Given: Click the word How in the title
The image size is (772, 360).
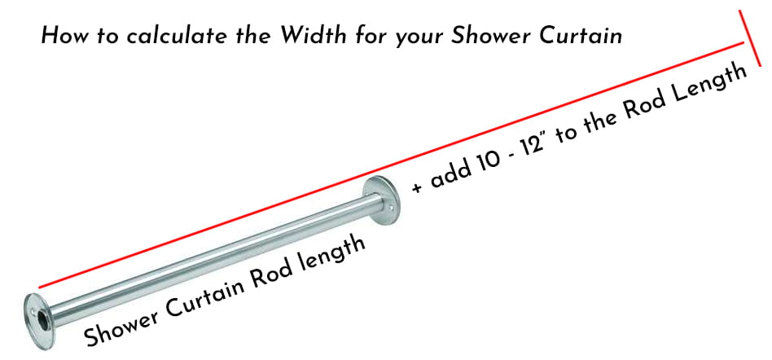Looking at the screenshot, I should [60, 37].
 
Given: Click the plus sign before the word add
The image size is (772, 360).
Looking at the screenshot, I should [418, 187].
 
